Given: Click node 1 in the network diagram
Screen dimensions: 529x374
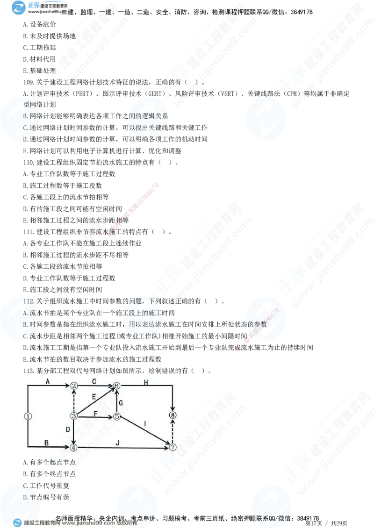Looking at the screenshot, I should tap(28, 416).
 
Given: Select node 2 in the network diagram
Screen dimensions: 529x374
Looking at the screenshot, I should tap(74, 386).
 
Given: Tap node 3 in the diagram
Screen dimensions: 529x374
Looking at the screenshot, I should tap(74, 416).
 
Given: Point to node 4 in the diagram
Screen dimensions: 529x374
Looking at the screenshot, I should tap(74, 447).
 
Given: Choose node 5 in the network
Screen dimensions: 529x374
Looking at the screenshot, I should tap(117, 416).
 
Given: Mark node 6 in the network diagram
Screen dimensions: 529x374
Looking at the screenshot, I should tap(117, 386).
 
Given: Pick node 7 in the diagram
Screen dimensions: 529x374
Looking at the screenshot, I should tap(173, 447).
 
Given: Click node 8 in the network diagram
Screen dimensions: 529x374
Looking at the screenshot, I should tap(173, 415).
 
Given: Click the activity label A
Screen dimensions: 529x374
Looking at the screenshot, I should tap(47, 381).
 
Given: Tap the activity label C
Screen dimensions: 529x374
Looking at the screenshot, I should tap(94, 381).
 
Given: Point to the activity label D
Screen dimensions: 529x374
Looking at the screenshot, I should tap(68, 429).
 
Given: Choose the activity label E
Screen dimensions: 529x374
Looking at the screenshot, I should tap(94, 397).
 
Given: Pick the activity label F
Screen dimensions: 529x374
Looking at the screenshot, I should tap(95, 413).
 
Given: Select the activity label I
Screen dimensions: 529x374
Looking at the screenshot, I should tap(145, 424).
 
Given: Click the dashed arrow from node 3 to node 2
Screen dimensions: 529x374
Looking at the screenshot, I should tap(74, 401).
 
